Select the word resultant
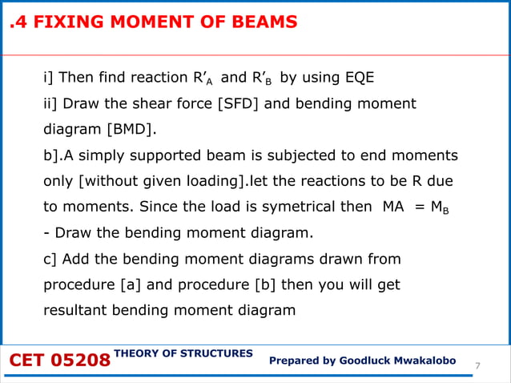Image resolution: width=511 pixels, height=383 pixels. tap(76, 310)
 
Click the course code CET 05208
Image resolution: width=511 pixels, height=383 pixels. tap(58, 361)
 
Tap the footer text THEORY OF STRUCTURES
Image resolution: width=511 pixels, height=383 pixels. tap(183, 353)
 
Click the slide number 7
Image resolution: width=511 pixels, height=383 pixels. tap(477, 366)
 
